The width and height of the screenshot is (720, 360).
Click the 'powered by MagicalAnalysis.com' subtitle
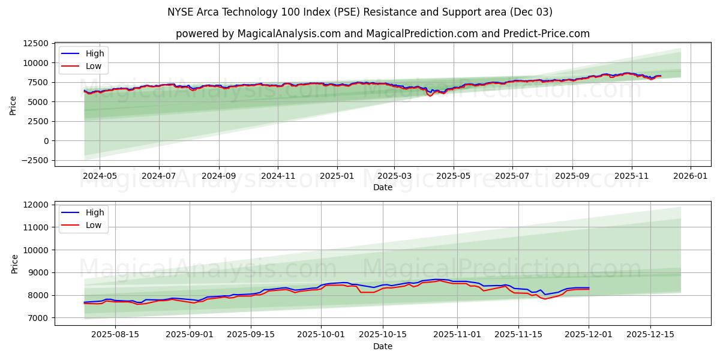pos(382,34)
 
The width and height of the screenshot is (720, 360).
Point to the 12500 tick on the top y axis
pos(36,43)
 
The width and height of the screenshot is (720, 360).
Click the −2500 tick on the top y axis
pos(36,160)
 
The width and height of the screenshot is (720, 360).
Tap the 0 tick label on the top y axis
pos(46,141)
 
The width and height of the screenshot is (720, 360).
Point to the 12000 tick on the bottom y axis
pos(38,205)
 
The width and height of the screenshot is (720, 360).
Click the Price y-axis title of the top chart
pos(13,105)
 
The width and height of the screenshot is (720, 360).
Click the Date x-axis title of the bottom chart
pos(382,346)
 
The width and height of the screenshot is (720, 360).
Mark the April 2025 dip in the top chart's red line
pos(430,95)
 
